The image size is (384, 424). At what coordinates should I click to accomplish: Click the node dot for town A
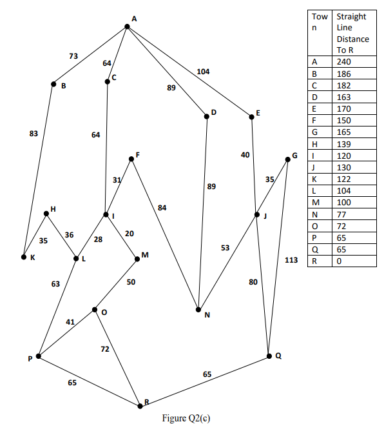[x=127, y=26]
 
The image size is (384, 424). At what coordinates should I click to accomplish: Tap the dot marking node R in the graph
[x=140, y=405]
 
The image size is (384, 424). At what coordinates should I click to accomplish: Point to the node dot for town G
[x=287, y=159]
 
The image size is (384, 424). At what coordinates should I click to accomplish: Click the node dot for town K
[x=24, y=257]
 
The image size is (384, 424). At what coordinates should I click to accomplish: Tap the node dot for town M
[x=137, y=259]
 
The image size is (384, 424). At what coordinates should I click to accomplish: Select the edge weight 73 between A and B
[x=73, y=57]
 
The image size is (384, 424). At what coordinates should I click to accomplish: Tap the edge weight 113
[x=291, y=260]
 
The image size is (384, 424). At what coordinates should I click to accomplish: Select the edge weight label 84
[x=162, y=207]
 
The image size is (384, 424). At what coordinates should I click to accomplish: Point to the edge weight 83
[x=34, y=134]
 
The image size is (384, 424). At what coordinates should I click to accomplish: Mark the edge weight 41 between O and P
[x=71, y=321]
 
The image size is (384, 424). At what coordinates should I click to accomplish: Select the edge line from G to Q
[x=278, y=258]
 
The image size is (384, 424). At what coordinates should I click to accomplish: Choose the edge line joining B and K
[x=39, y=170]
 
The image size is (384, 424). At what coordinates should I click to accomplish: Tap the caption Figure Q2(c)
[x=187, y=418]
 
